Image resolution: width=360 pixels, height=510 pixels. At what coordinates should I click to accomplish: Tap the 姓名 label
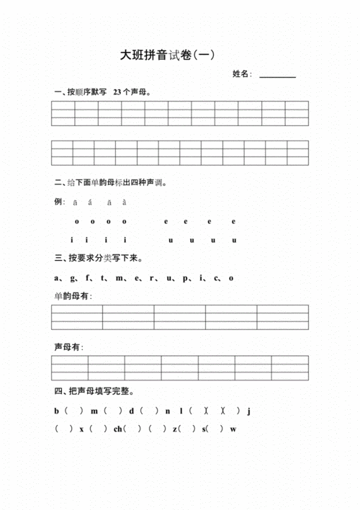(241, 74)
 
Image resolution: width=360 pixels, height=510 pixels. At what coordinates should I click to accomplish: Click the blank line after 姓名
(277, 76)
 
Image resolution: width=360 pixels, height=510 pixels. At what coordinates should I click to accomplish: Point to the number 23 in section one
(117, 92)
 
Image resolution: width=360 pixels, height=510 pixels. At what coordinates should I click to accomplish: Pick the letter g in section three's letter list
(71, 277)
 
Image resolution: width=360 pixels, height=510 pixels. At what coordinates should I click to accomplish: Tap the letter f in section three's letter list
(87, 277)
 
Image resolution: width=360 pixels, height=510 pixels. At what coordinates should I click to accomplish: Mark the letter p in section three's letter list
(185, 278)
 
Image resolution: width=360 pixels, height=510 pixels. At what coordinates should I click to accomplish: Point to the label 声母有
(68, 348)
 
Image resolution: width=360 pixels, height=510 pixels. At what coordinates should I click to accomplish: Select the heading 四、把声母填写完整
(96, 392)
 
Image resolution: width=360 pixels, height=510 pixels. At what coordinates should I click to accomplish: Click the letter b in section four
(56, 411)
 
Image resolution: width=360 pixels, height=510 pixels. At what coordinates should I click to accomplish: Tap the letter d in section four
(131, 411)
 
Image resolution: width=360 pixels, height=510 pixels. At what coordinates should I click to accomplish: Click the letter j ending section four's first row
(248, 411)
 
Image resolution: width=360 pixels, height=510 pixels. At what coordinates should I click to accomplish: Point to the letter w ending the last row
(233, 429)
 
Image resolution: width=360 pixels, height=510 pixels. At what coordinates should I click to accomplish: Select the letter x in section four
(82, 429)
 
